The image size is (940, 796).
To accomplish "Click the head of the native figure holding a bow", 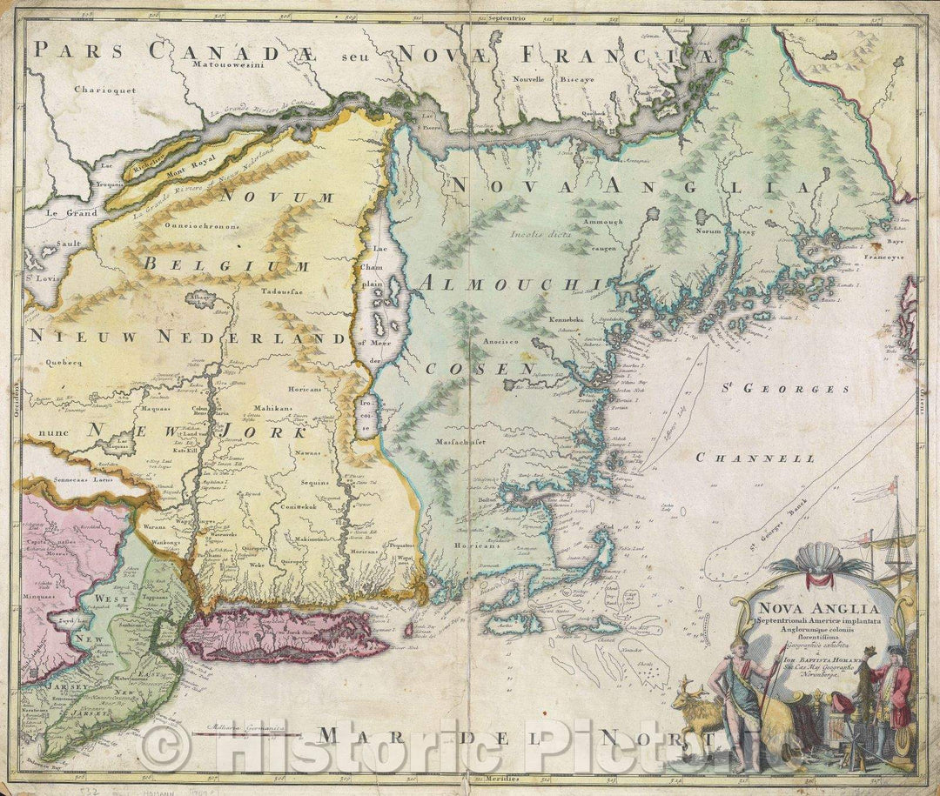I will tap(734, 647).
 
